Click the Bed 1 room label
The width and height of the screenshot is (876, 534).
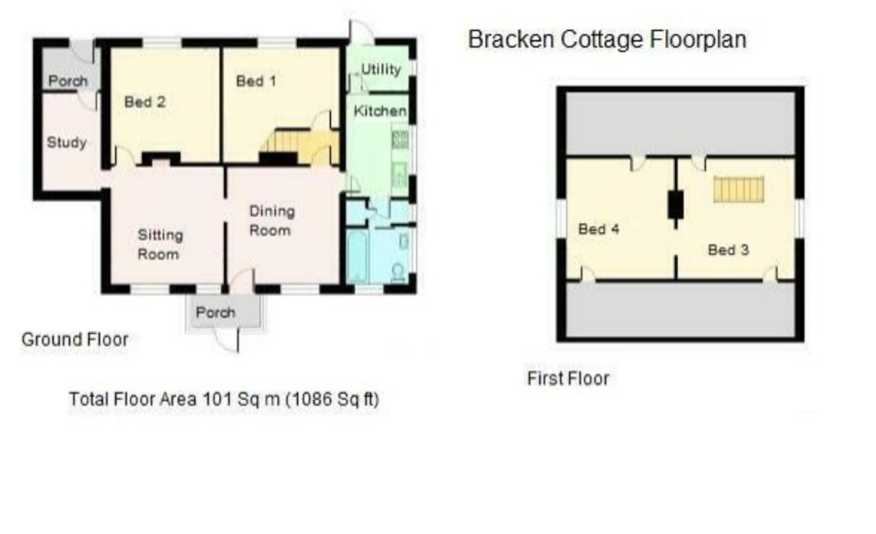coord(256,81)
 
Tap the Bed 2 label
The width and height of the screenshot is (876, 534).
coord(145,102)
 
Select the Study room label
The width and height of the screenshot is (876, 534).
coord(67,142)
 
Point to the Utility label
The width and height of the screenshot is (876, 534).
coord(381,69)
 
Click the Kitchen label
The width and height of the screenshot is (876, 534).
coord(380,111)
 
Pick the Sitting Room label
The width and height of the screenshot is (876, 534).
coord(160,244)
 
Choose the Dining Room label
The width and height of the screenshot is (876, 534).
coord(272,221)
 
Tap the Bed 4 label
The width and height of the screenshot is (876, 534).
coord(598,229)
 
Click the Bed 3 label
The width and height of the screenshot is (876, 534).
coord(728,250)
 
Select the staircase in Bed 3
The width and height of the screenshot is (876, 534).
coord(739,189)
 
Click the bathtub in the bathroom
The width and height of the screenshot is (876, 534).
coord(357,257)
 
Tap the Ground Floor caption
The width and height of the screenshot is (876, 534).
coord(75,339)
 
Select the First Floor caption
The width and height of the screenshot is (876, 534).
coord(568,378)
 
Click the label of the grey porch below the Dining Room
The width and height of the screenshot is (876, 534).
coord(215,312)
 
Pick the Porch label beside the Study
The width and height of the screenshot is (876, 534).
coord(68,81)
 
